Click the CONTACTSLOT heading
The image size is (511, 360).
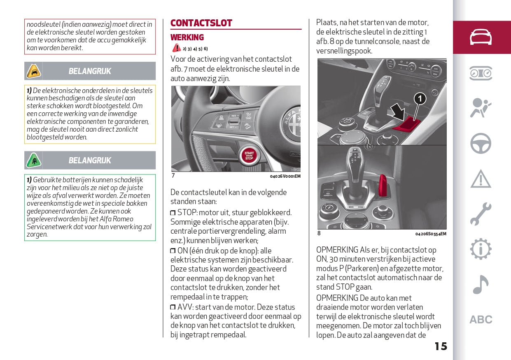pos(201,23)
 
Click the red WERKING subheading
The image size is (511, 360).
pos(187,37)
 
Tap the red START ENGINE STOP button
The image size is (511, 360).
pos(249,156)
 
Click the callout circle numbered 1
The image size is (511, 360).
pos(420,98)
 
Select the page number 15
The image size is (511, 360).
pos(441,346)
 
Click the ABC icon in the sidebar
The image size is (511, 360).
pos(481,320)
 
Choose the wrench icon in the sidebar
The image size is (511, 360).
pos(481,214)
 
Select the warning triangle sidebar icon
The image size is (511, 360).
pos(481,179)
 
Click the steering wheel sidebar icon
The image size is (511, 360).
pos(481,144)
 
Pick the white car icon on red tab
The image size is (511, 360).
pos(481,37)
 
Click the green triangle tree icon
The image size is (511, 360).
pos(33,160)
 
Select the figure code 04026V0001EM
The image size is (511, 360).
pos(285,176)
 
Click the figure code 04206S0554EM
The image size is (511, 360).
pos(431,234)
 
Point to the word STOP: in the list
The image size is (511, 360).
pos(187,213)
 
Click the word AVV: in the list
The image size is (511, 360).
pos(186,307)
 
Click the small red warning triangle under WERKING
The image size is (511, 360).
pos(176,48)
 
